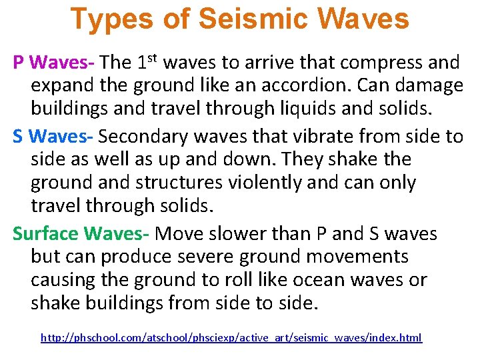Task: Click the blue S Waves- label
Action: click(54, 137)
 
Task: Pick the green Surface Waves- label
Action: click(83, 234)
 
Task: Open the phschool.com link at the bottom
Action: click(231, 338)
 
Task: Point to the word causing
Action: click(64, 280)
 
